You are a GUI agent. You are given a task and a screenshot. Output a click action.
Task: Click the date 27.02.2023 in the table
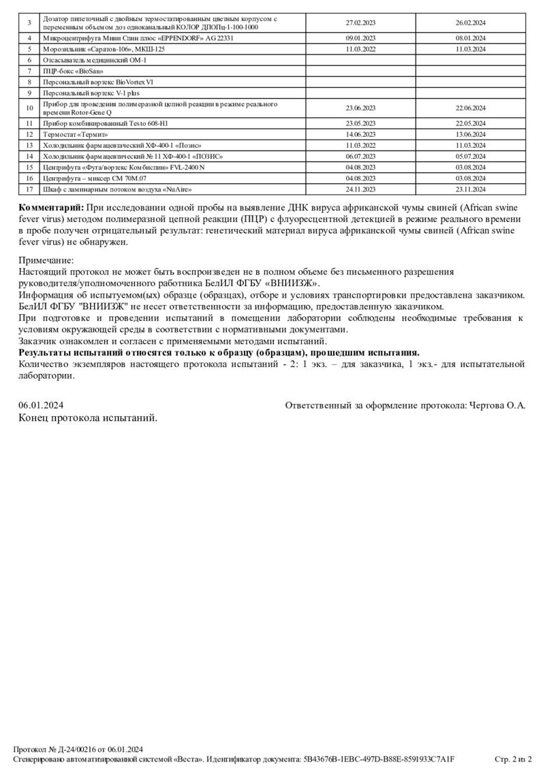pos(360,22)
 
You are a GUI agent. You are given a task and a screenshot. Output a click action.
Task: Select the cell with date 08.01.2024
pos(470,39)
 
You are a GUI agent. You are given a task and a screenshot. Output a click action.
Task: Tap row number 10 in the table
pos(29,108)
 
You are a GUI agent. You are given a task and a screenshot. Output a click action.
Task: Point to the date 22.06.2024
pos(470,108)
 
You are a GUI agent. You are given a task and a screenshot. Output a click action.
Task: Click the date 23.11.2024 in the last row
pos(470,189)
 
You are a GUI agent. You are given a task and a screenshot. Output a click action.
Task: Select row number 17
pos(29,189)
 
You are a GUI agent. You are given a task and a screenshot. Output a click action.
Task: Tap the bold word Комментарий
pos(51,207)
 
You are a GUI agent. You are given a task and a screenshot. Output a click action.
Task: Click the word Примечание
pos(46,260)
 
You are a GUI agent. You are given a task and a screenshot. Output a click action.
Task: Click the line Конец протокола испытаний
pos(88,418)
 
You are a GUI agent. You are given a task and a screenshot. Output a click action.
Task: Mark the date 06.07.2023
pos(360,156)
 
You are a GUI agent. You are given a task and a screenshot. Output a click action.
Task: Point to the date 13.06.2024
pos(470,135)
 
